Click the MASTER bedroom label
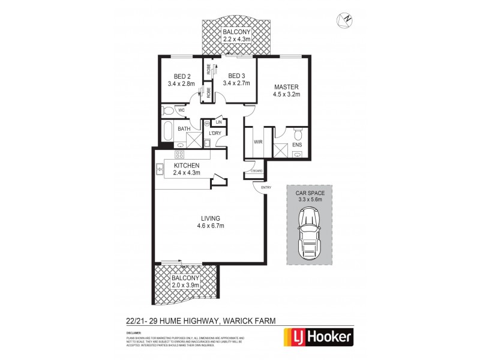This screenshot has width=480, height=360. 286,87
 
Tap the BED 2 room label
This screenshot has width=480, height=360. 182,76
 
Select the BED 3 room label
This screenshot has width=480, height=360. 236,76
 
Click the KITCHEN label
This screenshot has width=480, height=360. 187,166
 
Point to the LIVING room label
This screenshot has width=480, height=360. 211,218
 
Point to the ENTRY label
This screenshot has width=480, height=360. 266,188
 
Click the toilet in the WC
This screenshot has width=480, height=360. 167,111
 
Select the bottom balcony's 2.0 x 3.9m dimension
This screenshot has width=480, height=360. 185,286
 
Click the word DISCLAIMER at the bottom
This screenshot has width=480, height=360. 134,332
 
